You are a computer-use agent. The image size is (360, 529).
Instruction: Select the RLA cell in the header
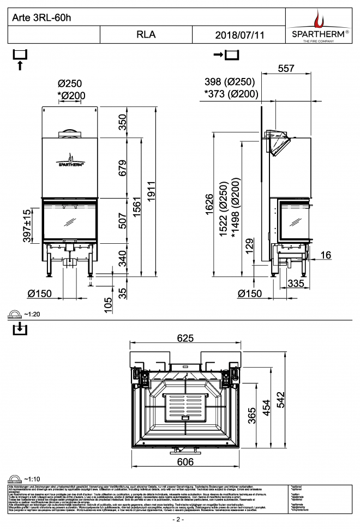(x=146, y=34)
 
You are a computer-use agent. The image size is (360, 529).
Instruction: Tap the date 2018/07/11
(x=239, y=34)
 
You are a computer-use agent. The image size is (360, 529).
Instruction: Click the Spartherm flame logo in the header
(x=321, y=19)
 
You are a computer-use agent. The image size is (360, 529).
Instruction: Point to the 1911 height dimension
(x=152, y=188)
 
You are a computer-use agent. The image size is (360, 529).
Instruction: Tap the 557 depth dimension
(x=286, y=68)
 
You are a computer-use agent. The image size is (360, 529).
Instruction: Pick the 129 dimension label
(x=249, y=246)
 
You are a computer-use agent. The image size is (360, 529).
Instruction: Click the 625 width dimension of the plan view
(x=185, y=338)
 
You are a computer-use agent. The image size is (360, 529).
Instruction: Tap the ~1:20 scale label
(x=32, y=315)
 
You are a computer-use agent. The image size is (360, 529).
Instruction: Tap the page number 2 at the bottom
(x=178, y=519)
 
